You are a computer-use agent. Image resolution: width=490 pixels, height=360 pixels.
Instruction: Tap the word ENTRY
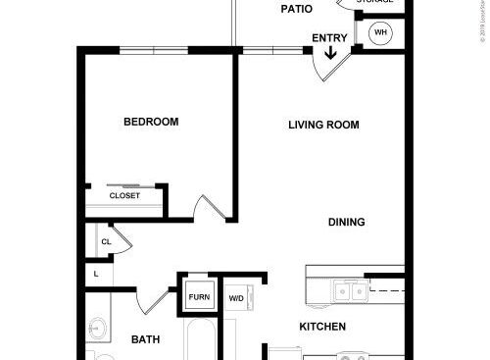click(328, 38)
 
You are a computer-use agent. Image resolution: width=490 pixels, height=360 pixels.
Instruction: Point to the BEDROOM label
click(151, 123)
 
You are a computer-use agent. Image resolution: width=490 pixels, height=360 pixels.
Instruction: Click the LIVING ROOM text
click(323, 125)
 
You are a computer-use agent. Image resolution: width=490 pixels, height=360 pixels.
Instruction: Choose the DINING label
click(346, 222)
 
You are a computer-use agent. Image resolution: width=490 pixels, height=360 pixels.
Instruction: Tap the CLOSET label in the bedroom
click(124, 195)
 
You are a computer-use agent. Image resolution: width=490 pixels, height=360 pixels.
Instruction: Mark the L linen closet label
click(97, 274)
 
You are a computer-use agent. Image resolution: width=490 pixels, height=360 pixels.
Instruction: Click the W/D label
click(236, 297)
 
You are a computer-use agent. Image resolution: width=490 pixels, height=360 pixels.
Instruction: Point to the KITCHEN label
click(323, 327)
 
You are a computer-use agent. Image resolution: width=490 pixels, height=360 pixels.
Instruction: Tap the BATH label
click(146, 340)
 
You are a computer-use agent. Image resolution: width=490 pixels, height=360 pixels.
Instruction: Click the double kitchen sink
click(349, 291)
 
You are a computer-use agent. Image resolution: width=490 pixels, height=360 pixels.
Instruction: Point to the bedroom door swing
click(209, 207)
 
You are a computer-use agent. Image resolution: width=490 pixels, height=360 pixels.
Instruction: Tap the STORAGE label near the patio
click(374, 2)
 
